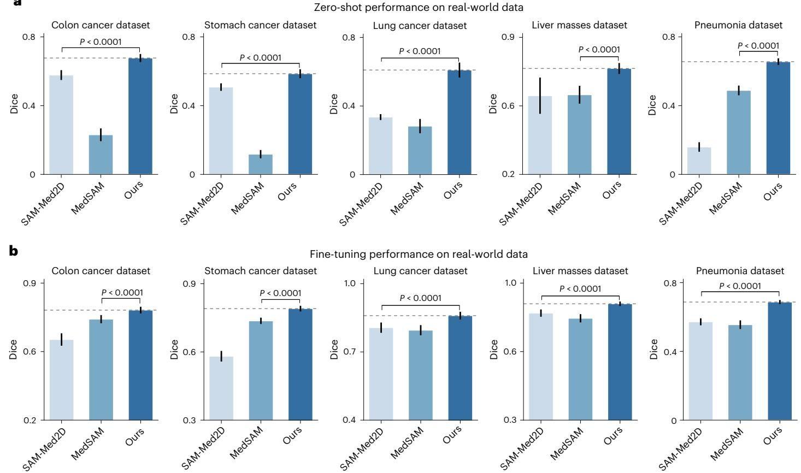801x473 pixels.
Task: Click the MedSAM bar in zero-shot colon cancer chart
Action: pyautogui.click(x=101, y=155)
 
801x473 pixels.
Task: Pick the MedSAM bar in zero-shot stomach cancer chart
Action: pyautogui.click(x=260, y=164)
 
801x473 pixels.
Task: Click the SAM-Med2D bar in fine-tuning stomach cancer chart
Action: pyautogui.click(x=221, y=388)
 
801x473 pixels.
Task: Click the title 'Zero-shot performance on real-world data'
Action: pyautogui.click(x=419, y=8)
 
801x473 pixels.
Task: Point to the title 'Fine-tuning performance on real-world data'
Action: pyautogui.click(x=419, y=254)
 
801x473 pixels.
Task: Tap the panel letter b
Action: pyautogui.click(x=14, y=251)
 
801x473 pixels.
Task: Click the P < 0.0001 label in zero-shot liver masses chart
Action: pyautogui.click(x=599, y=50)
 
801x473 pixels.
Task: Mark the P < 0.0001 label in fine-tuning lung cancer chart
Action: pyautogui.click(x=420, y=298)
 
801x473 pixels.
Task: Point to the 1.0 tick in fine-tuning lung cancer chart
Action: pyautogui.click(x=350, y=283)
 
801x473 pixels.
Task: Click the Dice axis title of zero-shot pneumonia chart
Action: pyautogui.click(x=652, y=105)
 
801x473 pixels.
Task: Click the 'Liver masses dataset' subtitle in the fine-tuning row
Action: pyautogui.click(x=580, y=271)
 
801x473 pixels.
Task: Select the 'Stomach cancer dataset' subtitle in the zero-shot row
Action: pyautogui.click(x=260, y=25)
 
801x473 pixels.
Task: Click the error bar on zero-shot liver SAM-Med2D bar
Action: pyautogui.click(x=540, y=96)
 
